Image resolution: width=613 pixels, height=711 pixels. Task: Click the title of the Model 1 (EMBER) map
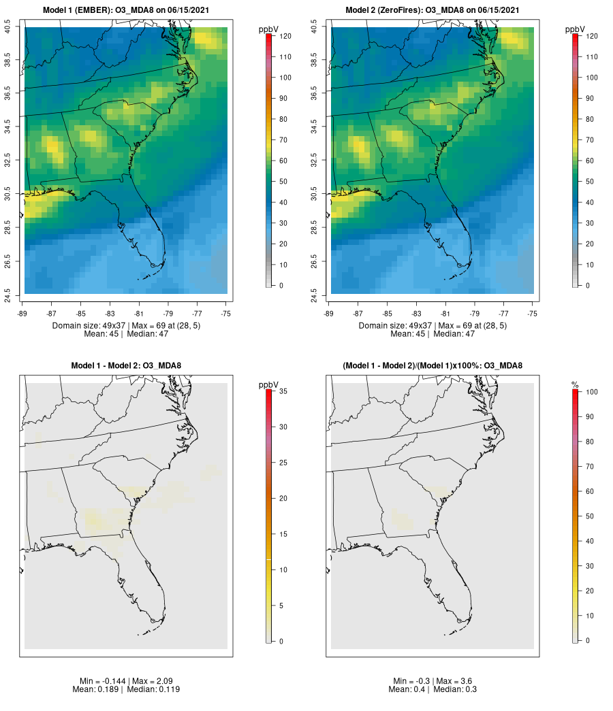click(x=126, y=10)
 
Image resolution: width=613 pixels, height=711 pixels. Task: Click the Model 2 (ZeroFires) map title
click(x=433, y=10)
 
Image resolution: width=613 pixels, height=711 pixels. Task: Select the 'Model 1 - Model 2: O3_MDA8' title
click(x=126, y=366)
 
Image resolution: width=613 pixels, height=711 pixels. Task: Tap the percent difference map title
click(x=433, y=366)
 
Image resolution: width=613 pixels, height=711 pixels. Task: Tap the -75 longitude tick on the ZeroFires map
click(x=533, y=314)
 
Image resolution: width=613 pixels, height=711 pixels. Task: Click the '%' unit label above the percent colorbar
click(x=575, y=385)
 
